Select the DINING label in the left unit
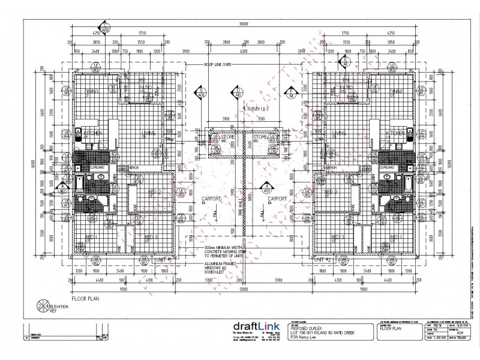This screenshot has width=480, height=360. (92, 91)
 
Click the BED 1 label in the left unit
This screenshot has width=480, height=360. (91, 238)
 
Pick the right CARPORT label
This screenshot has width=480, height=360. (277, 199)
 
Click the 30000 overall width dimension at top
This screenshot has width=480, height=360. (242, 25)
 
